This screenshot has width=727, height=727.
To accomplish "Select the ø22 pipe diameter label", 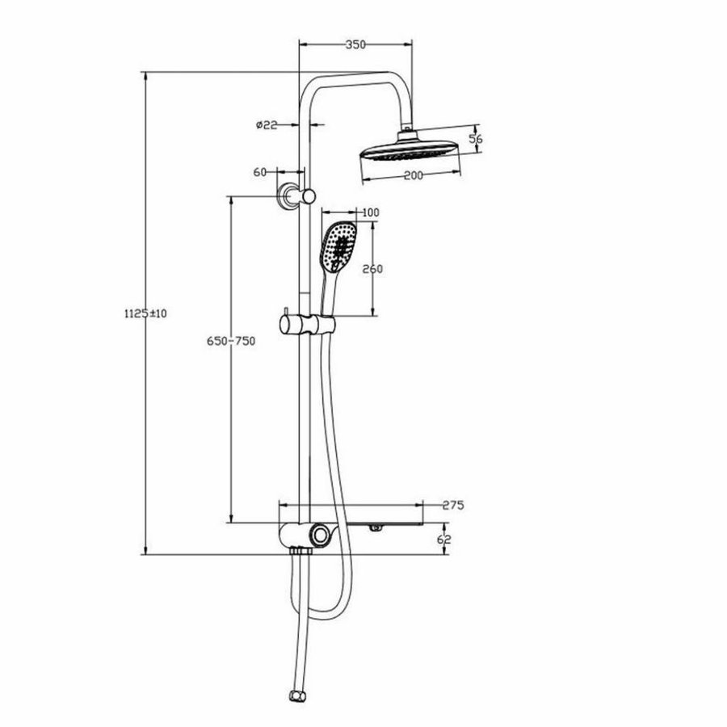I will tap(267, 124).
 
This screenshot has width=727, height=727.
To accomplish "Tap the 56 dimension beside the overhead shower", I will tap(476, 139).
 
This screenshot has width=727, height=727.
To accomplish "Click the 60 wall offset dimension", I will tap(260, 171).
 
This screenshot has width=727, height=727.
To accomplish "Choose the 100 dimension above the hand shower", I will tap(371, 212).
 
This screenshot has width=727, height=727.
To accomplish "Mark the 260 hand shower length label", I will tap(372, 269).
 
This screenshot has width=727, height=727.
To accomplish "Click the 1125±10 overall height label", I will tap(145, 313).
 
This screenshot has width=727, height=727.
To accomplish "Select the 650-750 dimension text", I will tap(232, 341).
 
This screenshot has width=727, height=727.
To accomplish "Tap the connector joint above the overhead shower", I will tap(409, 129).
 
